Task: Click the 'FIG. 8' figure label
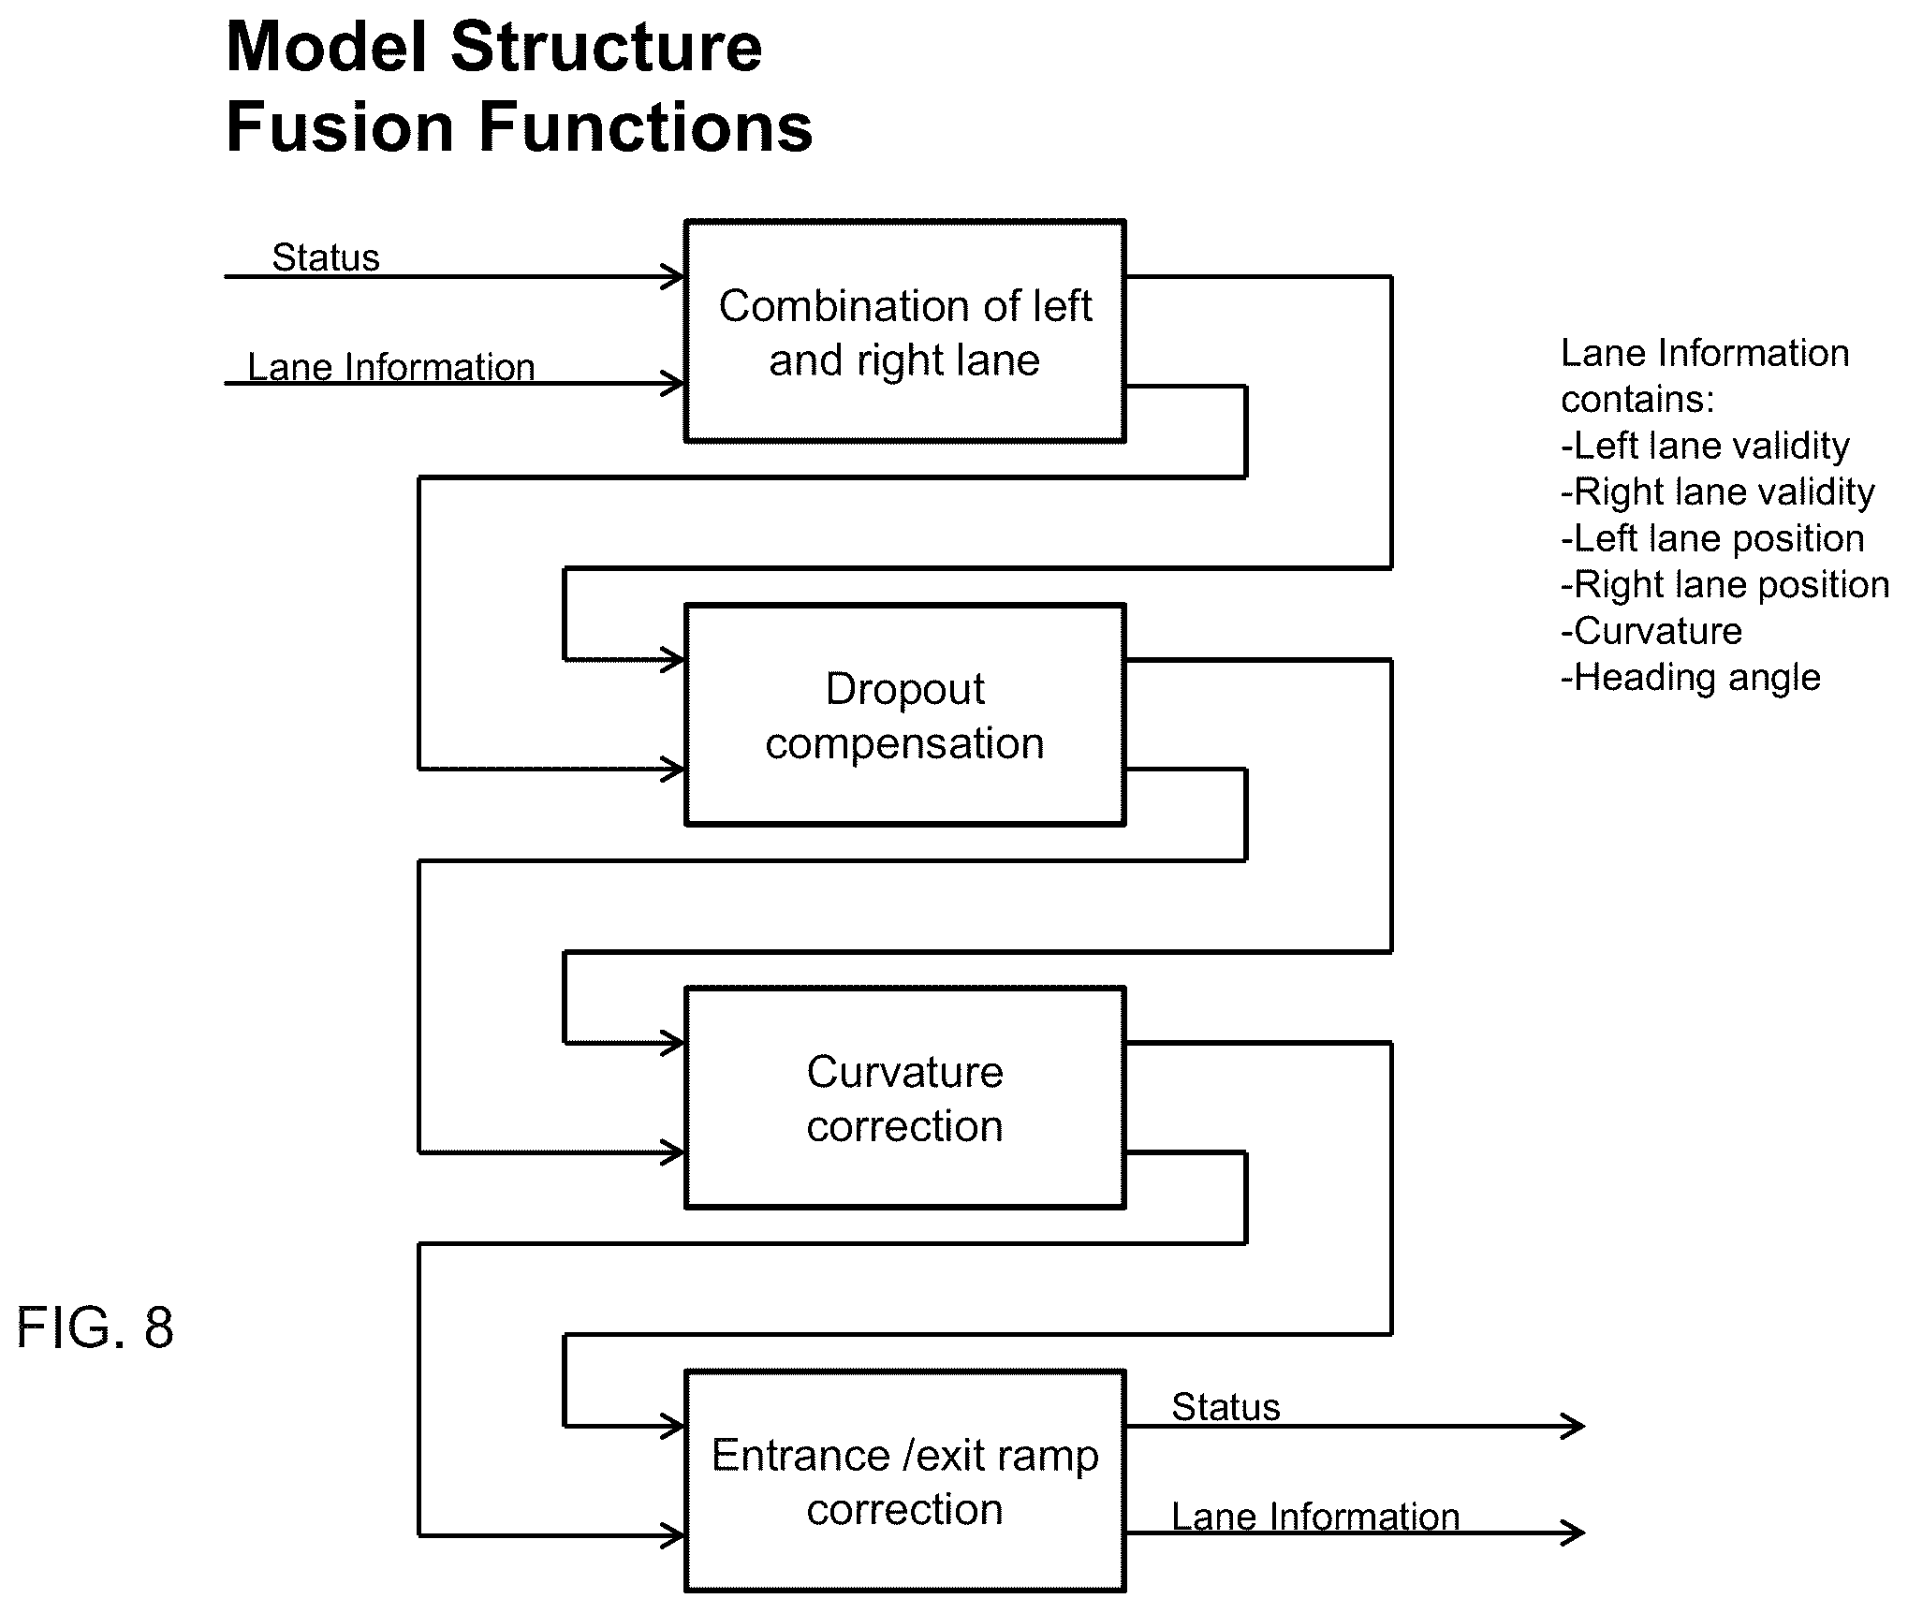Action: [95, 1327]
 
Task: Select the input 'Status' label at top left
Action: [326, 257]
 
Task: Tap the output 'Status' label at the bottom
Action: [1226, 1407]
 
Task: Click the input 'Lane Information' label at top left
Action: [391, 367]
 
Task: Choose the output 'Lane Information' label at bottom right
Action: [1315, 1517]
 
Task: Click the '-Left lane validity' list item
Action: [1705, 447]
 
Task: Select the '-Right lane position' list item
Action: [1725, 585]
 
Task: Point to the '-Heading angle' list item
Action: [1691, 678]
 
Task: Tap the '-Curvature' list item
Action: [1651, 631]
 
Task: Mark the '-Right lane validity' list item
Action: [1718, 492]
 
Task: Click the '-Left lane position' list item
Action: [1712, 539]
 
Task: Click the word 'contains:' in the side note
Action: [1637, 401]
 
